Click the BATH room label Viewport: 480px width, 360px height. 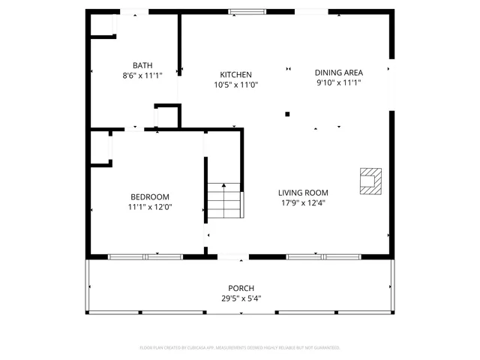(x=142, y=65)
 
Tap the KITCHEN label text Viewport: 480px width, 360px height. (x=235, y=75)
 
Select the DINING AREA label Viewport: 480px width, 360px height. (x=338, y=73)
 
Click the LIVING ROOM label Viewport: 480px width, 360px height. (x=304, y=193)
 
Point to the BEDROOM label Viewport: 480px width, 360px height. (x=150, y=197)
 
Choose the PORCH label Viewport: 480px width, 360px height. (x=241, y=289)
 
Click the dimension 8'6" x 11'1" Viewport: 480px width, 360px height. (x=142, y=75)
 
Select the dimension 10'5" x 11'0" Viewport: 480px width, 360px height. (x=235, y=85)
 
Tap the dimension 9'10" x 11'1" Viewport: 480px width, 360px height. (x=338, y=82)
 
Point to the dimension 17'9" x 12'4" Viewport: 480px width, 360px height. (x=304, y=202)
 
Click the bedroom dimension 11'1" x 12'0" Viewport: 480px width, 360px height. (x=150, y=207)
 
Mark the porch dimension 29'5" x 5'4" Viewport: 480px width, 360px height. (x=241, y=298)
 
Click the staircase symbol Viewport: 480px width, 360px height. (x=225, y=200)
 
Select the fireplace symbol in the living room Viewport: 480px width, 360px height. (x=370, y=180)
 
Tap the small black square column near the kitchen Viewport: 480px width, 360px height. (x=287, y=115)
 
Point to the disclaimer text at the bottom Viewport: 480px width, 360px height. (x=240, y=348)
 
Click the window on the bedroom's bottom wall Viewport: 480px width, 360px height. (x=145, y=257)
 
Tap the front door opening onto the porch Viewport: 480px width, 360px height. (x=233, y=258)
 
